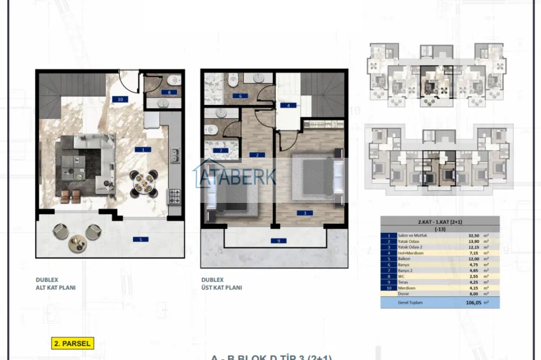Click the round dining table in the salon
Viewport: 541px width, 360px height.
coord(142,183)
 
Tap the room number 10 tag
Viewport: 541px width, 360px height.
coord(119,99)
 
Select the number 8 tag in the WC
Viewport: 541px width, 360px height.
coord(165,93)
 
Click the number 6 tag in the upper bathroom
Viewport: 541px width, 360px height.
coord(240,96)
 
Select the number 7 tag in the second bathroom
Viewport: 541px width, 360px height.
coord(222,151)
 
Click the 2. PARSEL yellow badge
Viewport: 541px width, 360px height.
coord(73,343)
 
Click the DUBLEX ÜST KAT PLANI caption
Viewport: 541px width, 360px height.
coord(221,283)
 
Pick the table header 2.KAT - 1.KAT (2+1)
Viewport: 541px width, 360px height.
coord(439,221)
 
